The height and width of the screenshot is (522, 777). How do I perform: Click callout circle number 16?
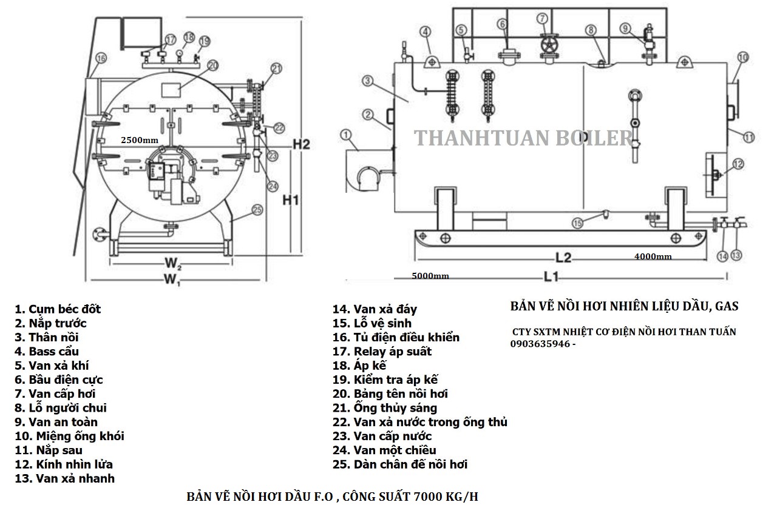[101, 58]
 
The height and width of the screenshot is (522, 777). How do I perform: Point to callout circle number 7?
[543, 18]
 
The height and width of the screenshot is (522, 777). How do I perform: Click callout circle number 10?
[743, 58]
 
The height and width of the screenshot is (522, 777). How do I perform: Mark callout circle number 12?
[738, 163]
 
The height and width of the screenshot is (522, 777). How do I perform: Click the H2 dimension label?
[302, 144]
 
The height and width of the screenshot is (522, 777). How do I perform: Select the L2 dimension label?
[563, 257]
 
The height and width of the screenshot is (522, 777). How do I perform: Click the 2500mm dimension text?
[140, 140]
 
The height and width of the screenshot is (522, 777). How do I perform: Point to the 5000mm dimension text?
[430, 276]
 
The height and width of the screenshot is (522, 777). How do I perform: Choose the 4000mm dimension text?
[653, 256]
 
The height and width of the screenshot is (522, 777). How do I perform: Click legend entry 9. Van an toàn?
[56, 422]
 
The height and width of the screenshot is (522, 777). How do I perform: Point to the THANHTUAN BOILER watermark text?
[523, 138]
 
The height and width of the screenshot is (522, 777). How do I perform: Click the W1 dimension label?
[172, 279]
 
